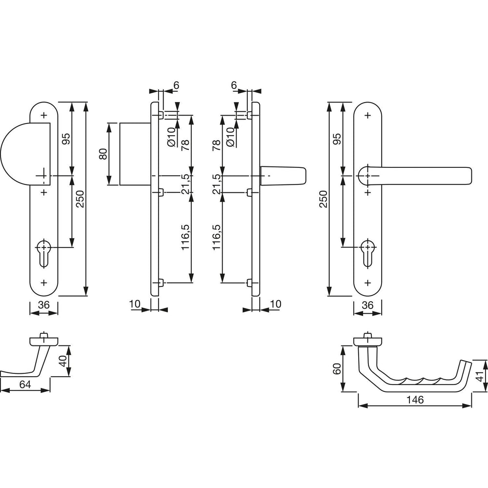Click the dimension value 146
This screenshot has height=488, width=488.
415,400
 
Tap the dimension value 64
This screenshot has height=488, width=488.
25,385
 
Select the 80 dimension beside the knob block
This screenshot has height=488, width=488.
103,154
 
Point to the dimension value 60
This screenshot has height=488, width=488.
337,369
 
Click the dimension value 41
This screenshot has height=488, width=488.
481,376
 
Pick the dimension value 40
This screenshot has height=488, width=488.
63,361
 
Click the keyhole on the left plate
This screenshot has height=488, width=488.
44,252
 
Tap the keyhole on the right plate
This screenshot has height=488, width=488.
367,252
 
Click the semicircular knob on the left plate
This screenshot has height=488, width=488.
25,154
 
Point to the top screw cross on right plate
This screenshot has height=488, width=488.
368,116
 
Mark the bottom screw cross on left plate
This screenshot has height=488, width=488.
44,283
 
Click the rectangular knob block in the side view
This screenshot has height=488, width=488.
135,154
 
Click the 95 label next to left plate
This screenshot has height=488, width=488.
66,139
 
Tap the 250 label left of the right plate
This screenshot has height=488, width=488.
324,199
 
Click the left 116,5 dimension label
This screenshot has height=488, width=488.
185,237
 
